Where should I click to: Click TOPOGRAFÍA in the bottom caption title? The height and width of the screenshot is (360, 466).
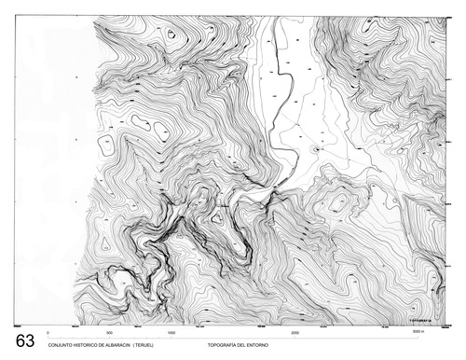click(x=225, y=345)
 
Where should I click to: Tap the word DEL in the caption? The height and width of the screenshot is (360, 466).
click(x=248, y=345)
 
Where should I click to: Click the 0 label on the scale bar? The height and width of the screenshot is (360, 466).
click(x=47, y=332)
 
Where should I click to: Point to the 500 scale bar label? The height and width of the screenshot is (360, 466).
click(x=109, y=332)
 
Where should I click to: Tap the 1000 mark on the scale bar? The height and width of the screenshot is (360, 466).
click(x=171, y=332)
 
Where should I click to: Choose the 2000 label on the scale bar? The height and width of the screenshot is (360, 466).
click(x=295, y=332)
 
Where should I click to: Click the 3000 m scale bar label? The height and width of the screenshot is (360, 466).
click(x=418, y=331)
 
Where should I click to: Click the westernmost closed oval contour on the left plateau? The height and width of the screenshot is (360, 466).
click(x=142, y=122)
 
